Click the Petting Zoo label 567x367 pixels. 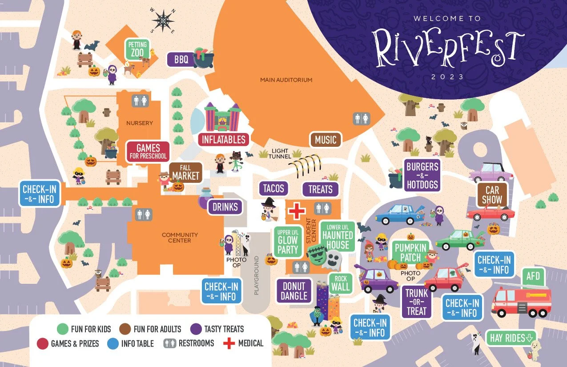click(x=137, y=49)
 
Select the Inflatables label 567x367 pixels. click(x=224, y=139)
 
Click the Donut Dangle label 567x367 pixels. click(x=294, y=290)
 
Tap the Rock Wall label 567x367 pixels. click(x=341, y=283)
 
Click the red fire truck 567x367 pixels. click(x=521, y=299)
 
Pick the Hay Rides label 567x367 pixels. click(x=511, y=338)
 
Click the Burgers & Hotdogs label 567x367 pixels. click(x=422, y=175)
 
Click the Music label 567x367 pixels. click(x=326, y=140)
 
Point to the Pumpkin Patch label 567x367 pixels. click(x=410, y=252)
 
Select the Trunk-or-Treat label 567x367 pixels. click(x=417, y=302)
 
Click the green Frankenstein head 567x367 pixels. click(x=317, y=255)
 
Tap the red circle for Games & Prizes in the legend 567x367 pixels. click(x=42, y=343)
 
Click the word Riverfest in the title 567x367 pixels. click(x=447, y=47)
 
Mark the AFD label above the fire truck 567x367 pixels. click(x=533, y=276)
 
